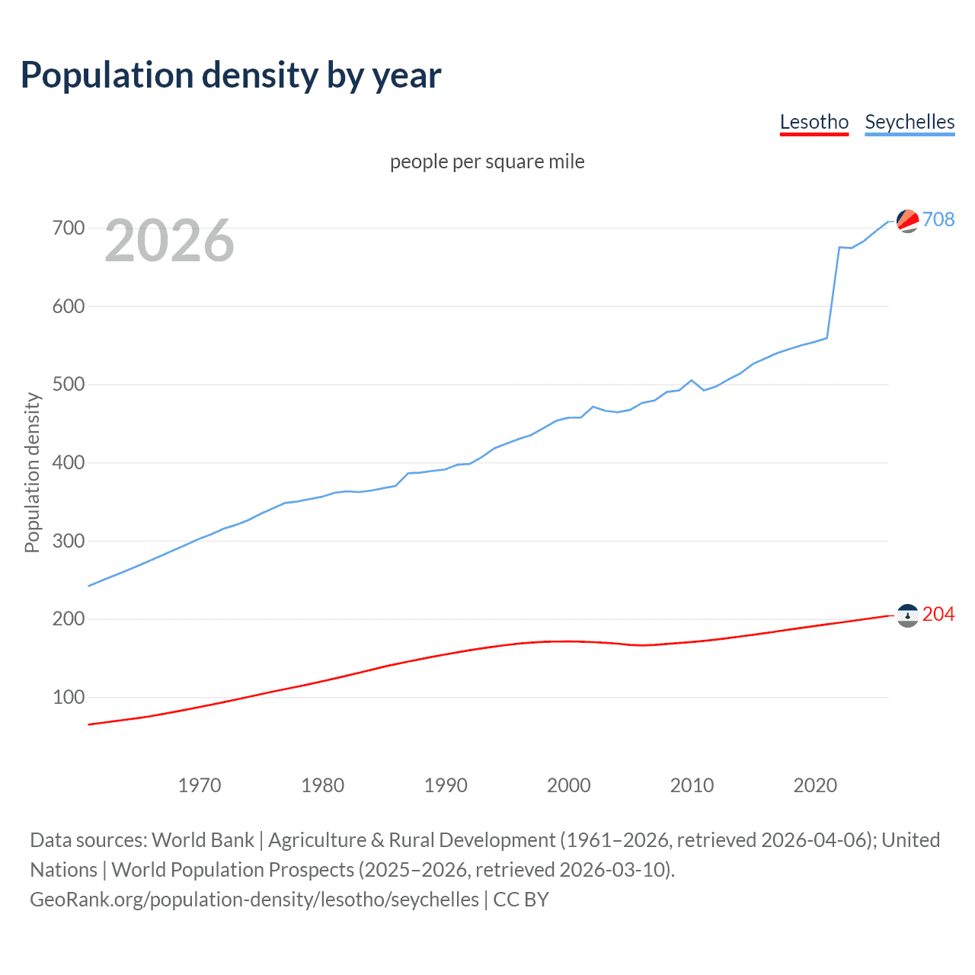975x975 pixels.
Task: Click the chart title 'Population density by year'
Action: click(231, 75)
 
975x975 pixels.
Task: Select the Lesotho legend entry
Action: click(814, 122)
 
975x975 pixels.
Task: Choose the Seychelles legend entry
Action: click(909, 122)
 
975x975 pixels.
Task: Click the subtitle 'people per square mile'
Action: click(487, 161)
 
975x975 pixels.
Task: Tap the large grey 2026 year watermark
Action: click(169, 241)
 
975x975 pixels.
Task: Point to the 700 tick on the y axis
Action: click(69, 228)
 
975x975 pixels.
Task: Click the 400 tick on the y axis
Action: click(69, 462)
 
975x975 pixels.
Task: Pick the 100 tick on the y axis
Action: click(69, 697)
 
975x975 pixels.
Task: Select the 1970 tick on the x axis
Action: click(200, 785)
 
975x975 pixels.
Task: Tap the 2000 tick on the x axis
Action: click(568, 785)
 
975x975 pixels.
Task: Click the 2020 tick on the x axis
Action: click(815, 785)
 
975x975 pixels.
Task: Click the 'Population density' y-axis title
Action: click(32, 472)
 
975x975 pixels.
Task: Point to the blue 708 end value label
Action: click(938, 219)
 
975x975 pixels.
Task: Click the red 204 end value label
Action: click(938, 614)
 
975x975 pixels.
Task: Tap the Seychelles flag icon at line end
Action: click(907, 221)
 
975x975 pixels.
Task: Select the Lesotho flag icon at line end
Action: click(907, 615)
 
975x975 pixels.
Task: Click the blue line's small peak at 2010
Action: click(692, 380)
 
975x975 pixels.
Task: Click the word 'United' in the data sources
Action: click(910, 839)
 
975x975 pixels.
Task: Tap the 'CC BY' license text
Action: click(521, 900)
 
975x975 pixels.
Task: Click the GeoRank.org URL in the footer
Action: click(254, 900)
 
